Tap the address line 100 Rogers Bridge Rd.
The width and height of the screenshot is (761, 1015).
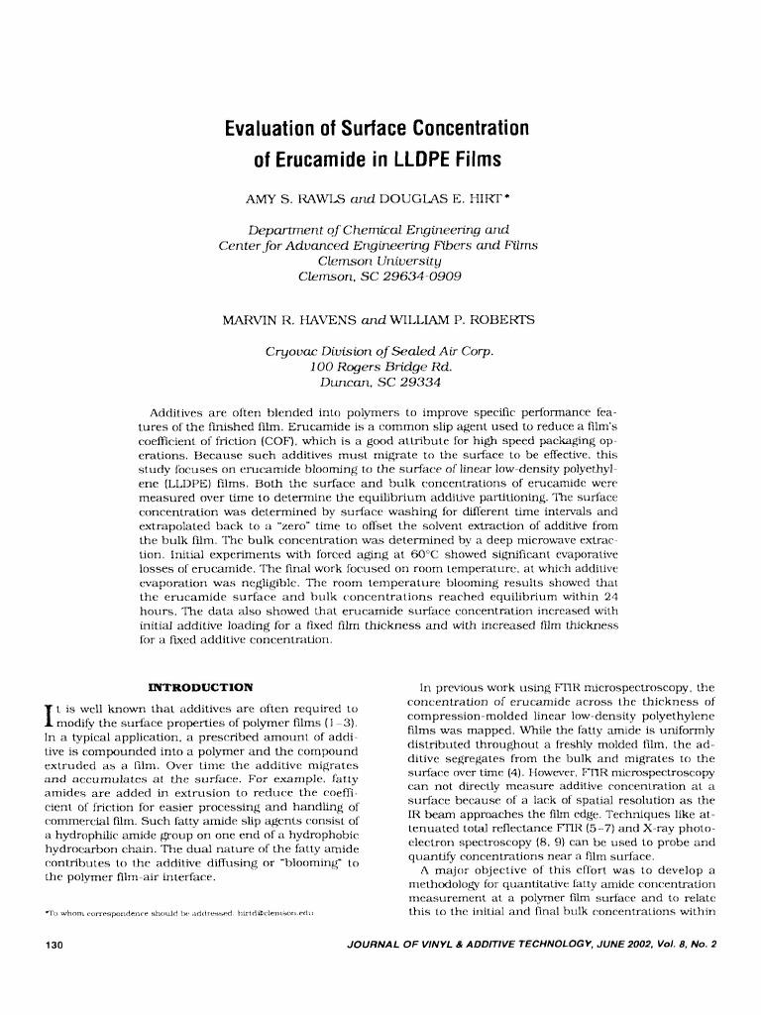click(380, 366)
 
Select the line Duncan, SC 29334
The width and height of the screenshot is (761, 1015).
click(380, 381)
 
